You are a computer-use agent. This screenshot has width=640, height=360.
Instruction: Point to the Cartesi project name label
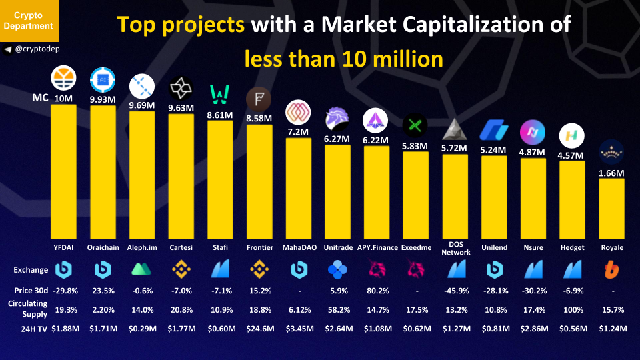181,247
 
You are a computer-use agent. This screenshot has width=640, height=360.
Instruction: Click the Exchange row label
31,270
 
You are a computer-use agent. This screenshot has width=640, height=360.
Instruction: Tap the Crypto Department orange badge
29,21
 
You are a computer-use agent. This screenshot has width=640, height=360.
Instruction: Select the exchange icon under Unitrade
337,270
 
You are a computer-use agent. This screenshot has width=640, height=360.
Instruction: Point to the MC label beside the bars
40,99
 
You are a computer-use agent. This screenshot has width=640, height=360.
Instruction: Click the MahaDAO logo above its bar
297,113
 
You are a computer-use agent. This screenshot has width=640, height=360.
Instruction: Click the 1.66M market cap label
611,173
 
